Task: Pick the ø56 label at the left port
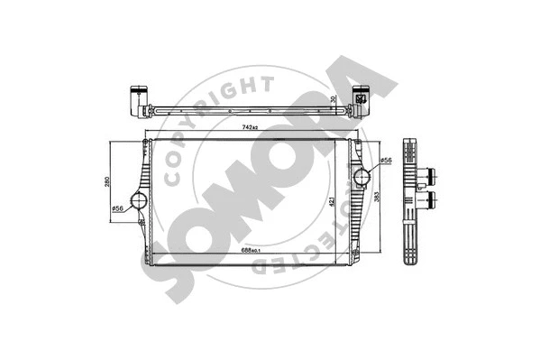click(117, 209)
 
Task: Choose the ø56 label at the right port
click(384, 161)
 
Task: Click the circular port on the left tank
click(140, 199)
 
